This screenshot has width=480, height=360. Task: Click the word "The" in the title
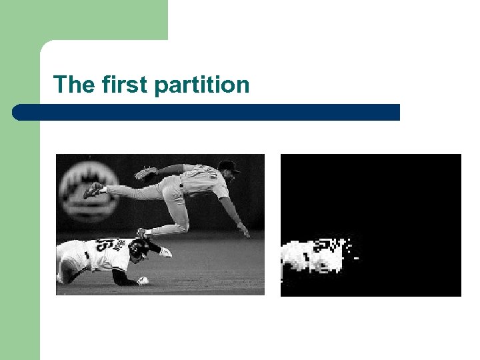pyautogui.click(x=75, y=85)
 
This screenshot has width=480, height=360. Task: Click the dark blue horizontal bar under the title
pyautogui.click(x=207, y=112)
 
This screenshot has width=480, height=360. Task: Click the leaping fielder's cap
pyautogui.click(x=228, y=167)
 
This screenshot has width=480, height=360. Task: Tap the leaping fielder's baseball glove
pyautogui.click(x=145, y=173)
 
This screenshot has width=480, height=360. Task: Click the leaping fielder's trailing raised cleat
pyautogui.click(x=94, y=190)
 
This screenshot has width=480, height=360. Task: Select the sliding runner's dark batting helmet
pyautogui.click(x=139, y=249)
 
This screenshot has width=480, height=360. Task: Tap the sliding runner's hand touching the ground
pyautogui.click(x=141, y=281)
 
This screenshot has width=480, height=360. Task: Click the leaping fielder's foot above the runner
pyautogui.click(x=143, y=233)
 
